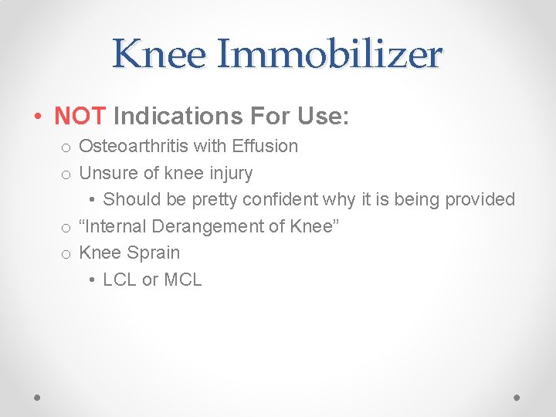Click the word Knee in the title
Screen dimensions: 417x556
coord(160,55)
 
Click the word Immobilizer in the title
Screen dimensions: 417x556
coord(329,55)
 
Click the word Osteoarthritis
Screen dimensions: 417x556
coord(134,146)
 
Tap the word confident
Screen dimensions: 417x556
coord(280,199)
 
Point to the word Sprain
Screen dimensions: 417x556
coord(154,253)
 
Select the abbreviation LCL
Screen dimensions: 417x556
coord(120,280)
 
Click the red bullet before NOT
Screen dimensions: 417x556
coord(38,117)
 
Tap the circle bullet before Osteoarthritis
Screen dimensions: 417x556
coord(66,147)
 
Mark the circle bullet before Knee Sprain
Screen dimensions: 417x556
coord(66,254)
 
